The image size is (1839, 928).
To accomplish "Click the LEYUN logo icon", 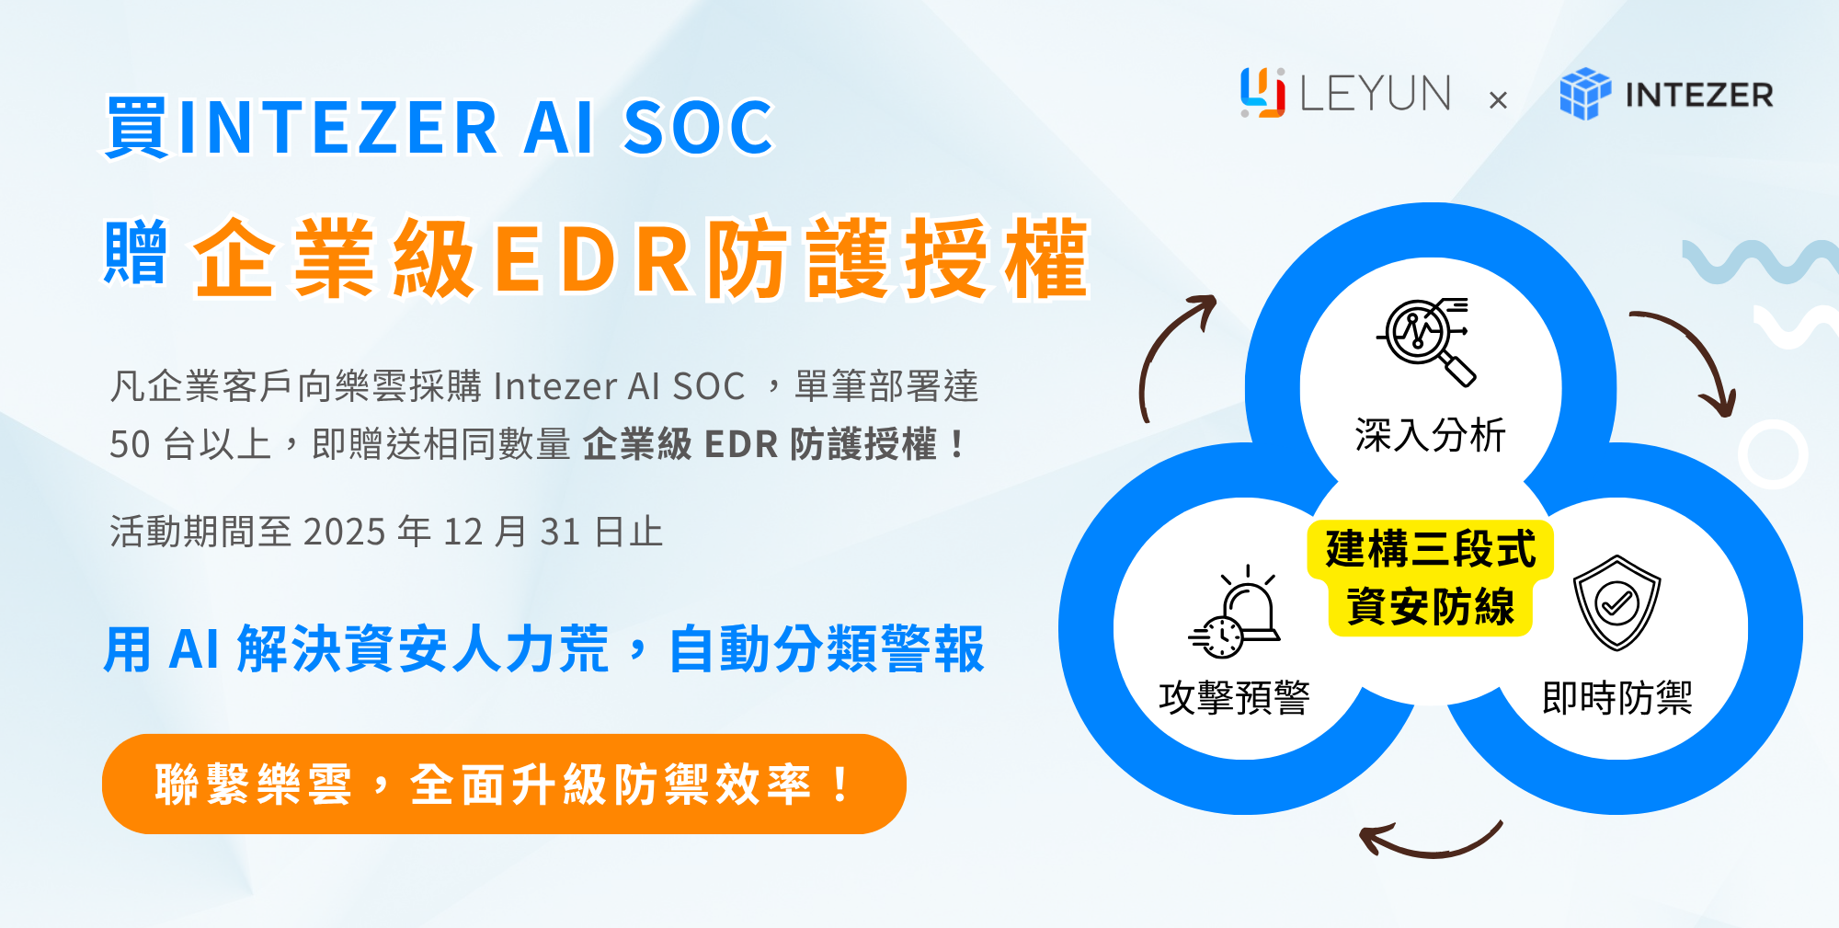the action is (1262, 93).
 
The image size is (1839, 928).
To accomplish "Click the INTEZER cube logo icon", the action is (1585, 94).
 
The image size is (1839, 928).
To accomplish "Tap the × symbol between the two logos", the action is (1498, 99).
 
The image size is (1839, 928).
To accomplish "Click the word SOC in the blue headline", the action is (699, 127).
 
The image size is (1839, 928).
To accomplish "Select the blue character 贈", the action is (135, 252).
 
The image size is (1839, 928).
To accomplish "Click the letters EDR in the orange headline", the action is (593, 260).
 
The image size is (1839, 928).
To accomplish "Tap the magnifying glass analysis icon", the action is (1426, 341).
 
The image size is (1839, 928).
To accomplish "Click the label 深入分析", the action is (1430, 435).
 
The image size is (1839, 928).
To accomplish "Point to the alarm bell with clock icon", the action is (1235, 613).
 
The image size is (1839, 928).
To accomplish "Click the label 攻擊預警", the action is (1234, 697).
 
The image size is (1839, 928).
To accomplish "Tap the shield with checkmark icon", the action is (1616, 602).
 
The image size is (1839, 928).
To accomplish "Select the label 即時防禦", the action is (1617, 697).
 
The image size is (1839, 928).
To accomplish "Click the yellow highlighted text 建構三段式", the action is (1431, 550).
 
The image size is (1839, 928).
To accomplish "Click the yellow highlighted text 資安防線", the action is (1431, 607).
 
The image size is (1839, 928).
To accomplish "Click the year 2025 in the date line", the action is (344, 532).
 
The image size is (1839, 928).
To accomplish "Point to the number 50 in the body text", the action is (130, 444).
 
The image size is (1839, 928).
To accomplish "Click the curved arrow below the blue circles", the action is (1430, 842).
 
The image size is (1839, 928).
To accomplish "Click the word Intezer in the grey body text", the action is (554, 386).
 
